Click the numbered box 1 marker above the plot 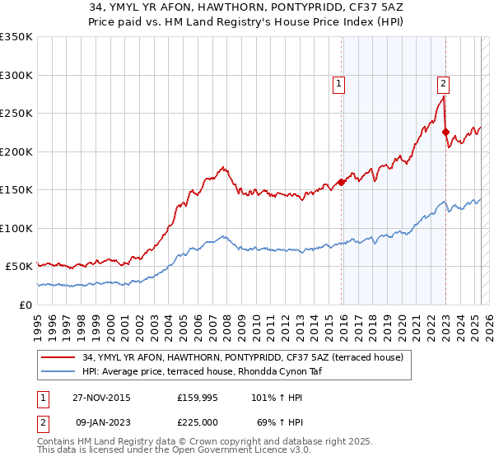[339, 82]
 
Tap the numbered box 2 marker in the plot [443, 82]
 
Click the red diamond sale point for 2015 [341, 183]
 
